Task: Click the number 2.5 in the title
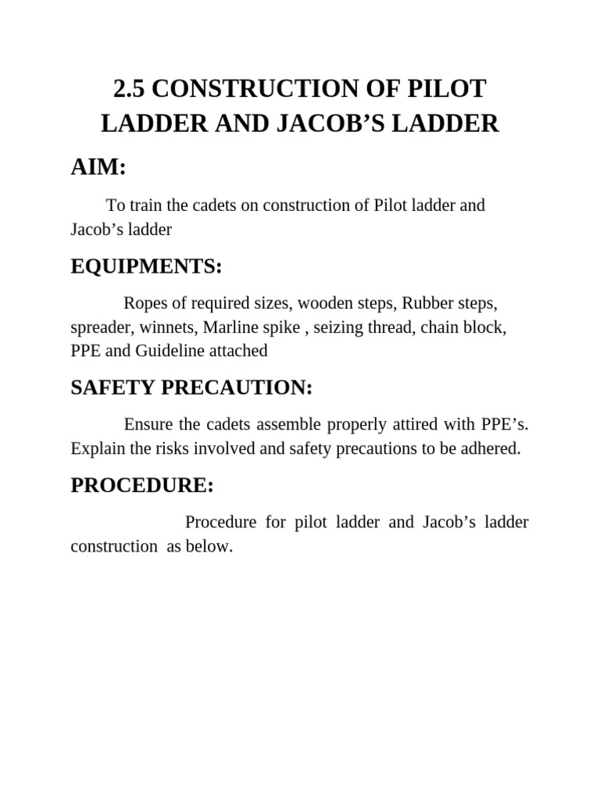point(129,90)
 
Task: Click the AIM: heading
point(98,166)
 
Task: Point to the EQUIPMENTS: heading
point(146,267)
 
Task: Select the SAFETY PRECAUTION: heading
point(191,387)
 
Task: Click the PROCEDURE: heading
point(142,485)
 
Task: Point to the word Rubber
point(428,302)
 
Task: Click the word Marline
point(230,327)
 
